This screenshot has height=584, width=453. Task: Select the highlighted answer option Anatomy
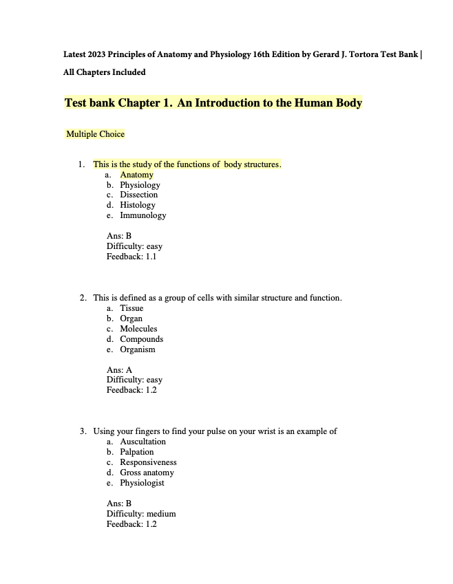[136, 175]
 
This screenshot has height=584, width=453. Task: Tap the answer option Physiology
[140, 185]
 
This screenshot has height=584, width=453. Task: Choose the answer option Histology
[138, 205]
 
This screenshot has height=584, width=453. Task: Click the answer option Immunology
[143, 215]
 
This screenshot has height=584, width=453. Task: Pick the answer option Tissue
[131, 308]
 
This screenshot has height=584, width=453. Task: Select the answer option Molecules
[138, 329]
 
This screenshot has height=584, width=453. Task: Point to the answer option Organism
[138, 349]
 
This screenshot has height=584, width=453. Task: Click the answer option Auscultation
[143, 442]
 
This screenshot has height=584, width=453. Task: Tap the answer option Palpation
[137, 452]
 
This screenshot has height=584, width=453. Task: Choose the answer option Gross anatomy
[147, 473]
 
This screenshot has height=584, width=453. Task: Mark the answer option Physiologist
[142, 483]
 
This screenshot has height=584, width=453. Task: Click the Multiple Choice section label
[95, 134]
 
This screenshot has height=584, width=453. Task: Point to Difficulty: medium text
[141, 514]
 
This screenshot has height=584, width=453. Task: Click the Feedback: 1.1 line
[131, 257]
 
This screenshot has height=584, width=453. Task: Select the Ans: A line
[119, 370]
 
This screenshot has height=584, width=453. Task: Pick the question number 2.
[83, 298]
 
